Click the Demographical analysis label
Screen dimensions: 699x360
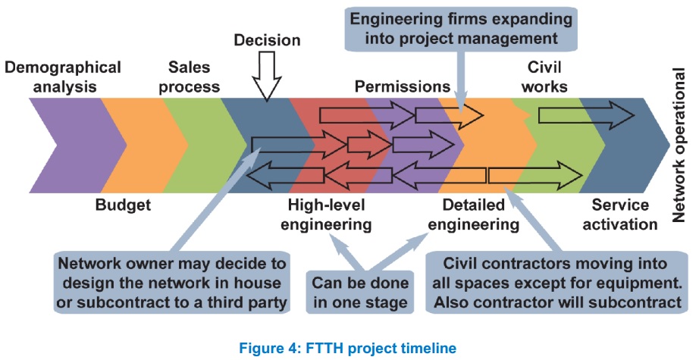tap(63, 77)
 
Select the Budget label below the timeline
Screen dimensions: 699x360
tap(123, 205)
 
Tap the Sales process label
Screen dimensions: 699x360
tap(189, 77)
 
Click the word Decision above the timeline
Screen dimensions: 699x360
tap(267, 40)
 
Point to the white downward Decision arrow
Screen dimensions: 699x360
tap(267, 76)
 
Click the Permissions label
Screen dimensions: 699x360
tap(403, 86)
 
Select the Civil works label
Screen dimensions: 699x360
tap(544, 77)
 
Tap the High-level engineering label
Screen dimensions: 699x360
tap(326, 214)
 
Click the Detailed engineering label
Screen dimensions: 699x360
tap(473, 214)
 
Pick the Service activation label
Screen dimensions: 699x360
tap(620, 214)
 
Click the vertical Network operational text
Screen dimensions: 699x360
tap(679, 145)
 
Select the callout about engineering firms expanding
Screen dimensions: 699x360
tap(461, 29)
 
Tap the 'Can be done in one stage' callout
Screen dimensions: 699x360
tap(360, 292)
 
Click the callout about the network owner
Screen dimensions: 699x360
tap(172, 282)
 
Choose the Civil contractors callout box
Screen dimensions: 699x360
tap(557, 282)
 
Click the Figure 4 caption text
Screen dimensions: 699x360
tap(348, 348)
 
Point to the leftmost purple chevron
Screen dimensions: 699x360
tap(77, 146)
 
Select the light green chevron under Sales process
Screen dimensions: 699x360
tap(204, 146)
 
